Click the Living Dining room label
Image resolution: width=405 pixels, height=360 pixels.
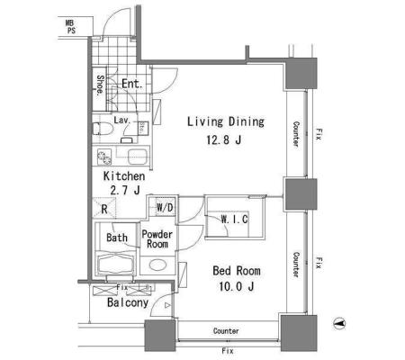pos(226,121)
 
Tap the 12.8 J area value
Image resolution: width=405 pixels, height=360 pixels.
pos(224,139)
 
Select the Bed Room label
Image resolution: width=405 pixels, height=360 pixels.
pos(237,271)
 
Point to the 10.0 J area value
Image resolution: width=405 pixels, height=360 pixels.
pos(237,286)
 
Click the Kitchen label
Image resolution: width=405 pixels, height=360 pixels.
pos(124,176)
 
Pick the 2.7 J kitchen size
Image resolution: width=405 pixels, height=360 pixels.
pos(125,190)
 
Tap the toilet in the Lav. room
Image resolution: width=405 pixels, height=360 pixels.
pos(102,129)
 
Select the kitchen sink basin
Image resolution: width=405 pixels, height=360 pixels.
pos(137,157)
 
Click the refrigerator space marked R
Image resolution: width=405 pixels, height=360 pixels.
pos(104,208)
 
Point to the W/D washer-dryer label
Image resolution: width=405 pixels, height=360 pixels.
pos(165,207)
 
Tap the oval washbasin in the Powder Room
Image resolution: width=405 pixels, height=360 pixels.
pos(157,265)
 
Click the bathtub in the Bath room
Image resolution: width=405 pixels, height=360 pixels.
pos(116,264)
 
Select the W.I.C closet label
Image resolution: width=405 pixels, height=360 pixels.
pos(234,220)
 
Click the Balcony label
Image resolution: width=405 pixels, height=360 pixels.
pos(128,302)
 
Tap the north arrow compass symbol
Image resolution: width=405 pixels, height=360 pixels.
pos(339,323)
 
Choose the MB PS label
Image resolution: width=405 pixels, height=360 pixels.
pos(71,26)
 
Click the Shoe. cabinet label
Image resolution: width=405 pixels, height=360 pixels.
pos(100,85)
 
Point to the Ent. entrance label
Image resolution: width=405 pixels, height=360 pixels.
pos(132,84)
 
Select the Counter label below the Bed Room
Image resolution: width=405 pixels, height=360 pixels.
pos(226,331)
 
